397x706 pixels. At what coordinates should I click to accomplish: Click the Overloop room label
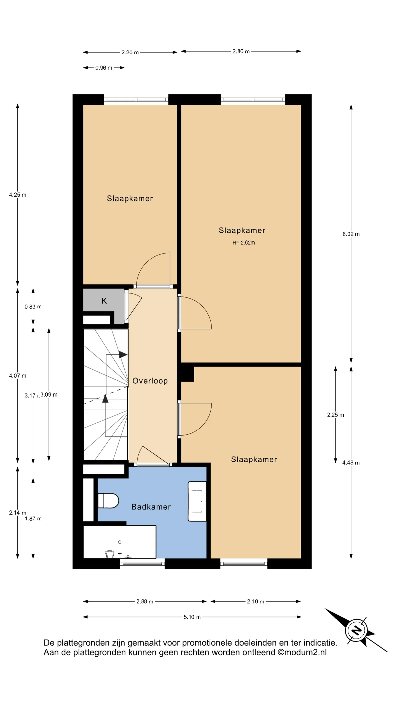tap(150, 381)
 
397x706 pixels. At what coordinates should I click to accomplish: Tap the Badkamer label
tap(151, 507)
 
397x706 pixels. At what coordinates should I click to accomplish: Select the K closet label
tap(104, 301)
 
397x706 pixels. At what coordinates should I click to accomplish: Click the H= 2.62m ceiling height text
tap(244, 243)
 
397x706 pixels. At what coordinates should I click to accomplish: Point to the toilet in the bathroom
tap(108, 501)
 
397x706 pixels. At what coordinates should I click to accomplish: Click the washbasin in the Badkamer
tap(197, 501)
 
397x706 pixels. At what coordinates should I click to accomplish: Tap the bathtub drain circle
tap(120, 542)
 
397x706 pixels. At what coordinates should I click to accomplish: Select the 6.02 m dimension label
tap(351, 234)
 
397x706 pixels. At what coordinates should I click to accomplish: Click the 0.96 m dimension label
tap(104, 68)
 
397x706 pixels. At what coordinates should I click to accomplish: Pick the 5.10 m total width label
tap(192, 617)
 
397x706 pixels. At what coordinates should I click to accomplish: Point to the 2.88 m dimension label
tap(145, 601)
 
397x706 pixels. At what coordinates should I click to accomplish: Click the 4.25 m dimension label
tap(18, 195)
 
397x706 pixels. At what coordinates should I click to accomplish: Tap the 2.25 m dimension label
tap(336, 415)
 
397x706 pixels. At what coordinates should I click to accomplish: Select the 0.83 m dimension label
tap(33, 307)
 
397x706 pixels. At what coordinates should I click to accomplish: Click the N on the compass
tap(356, 630)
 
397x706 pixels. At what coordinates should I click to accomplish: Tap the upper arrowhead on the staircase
tap(123, 355)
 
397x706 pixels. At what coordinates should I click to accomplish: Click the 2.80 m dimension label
tap(241, 51)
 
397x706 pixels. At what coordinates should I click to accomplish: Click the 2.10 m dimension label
tap(256, 601)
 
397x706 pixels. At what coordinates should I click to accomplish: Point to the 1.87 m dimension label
tap(33, 519)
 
